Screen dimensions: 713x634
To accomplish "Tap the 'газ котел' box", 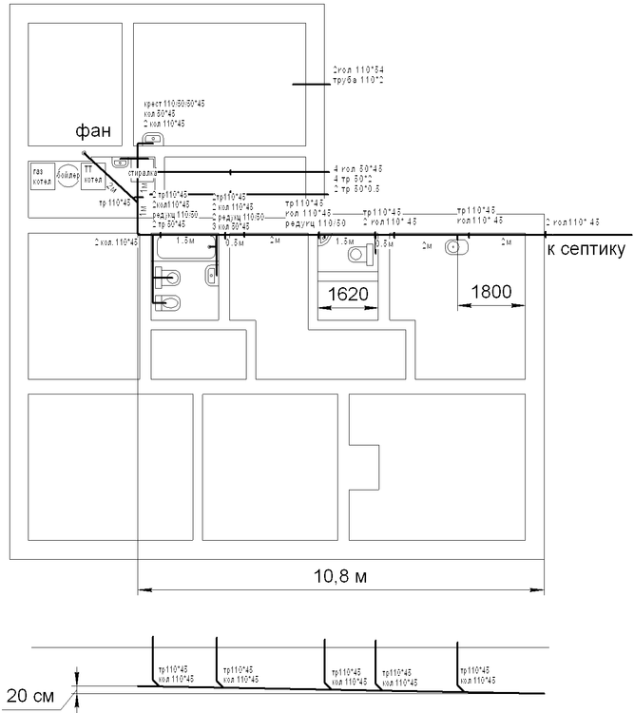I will (x=42, y=177).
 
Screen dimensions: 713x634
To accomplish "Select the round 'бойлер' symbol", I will (x=67, y=177).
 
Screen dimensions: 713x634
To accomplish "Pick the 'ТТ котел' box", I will (x=92, y=176).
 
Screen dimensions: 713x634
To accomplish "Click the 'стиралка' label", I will (x=143, y=172).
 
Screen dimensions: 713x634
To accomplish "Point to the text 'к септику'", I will (x=586, y=249).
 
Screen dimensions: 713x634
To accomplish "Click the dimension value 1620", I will (x=348, y=294).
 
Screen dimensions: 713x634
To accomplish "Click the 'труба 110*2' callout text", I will (x=357, y=81).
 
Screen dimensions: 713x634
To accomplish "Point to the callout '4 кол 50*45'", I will (x=357, y=168).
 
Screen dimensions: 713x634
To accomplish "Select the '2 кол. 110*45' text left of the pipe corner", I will (x=116, y=243).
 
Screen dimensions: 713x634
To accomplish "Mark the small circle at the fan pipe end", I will (x=85, y=152).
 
